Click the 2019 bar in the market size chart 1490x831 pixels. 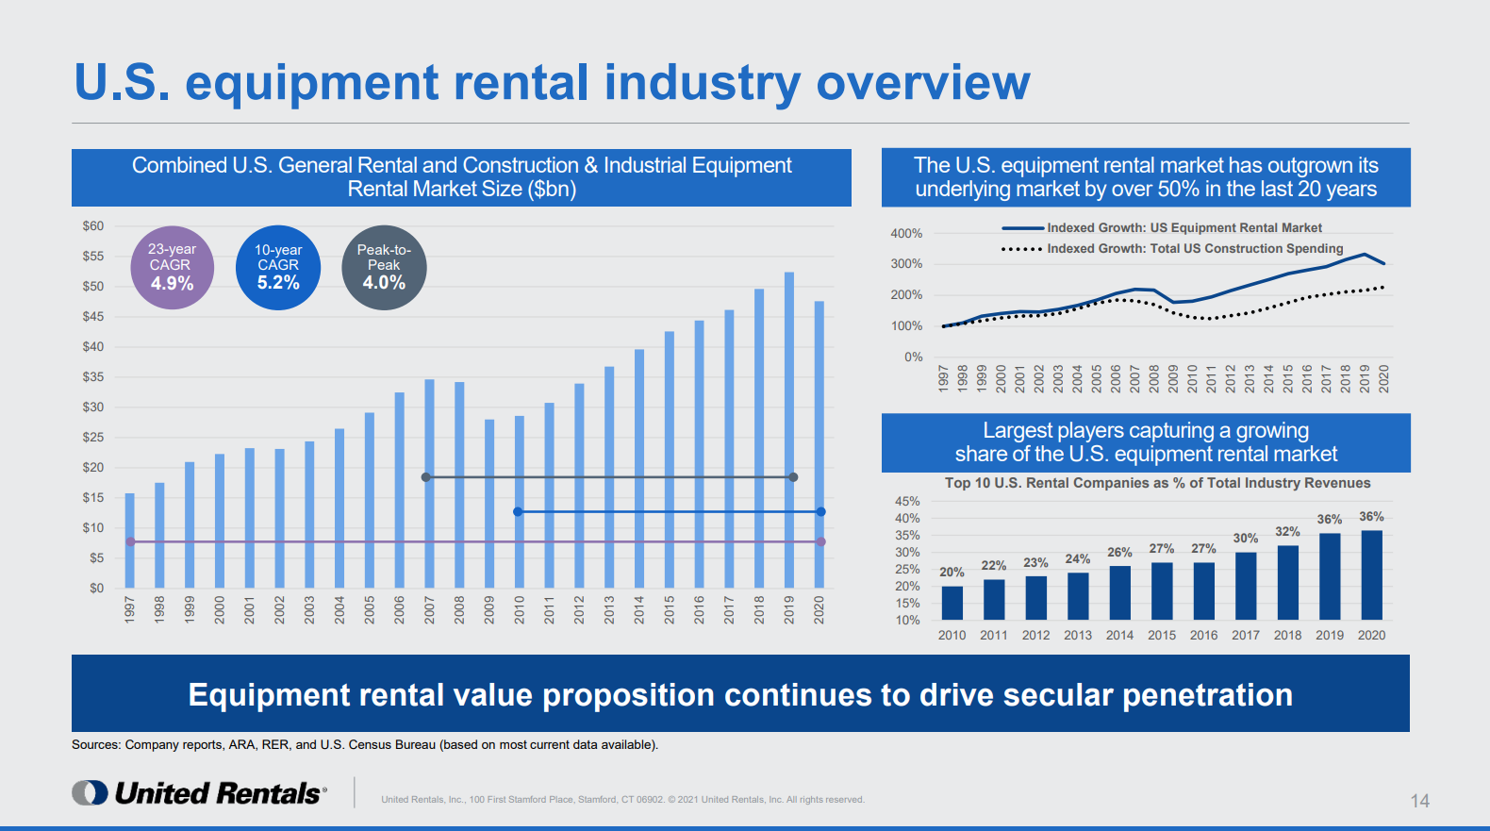[x=789, y=429]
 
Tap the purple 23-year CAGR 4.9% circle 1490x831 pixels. [x=173, y=268]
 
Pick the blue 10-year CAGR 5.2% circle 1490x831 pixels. [x=278, y=268]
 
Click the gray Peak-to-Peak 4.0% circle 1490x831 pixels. [x=384, y=268]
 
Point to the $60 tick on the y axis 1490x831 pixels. [x=93, y=226]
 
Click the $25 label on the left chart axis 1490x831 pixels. [x=93, y=438]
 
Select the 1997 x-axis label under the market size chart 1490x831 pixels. [x=130, y=609]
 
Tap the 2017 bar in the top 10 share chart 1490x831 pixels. [x=1246, y=586]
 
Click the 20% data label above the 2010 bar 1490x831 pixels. [x=952, y=573]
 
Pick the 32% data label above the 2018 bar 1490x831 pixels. [x=1287, y=532]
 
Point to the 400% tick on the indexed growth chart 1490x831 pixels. [x=906, y=234]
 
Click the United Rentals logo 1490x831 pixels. [x=200, y=793]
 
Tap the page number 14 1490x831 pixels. [x=1419, y=801]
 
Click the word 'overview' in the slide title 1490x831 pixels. [x=922, y=83]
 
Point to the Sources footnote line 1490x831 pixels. [x=365, y=745]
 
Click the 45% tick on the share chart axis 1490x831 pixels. [x=907, y=502]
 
